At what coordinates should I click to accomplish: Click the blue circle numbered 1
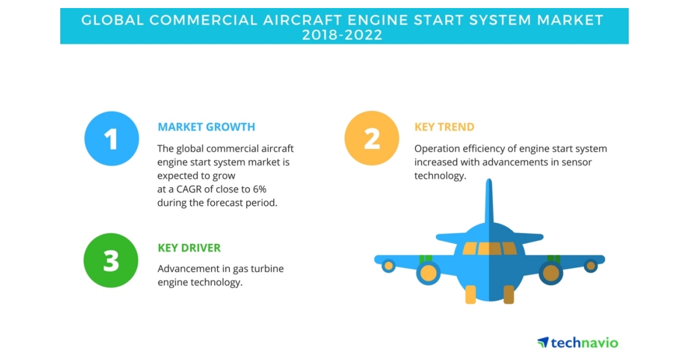[x=111, y=139]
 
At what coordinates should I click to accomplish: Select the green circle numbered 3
[x=111, y=261]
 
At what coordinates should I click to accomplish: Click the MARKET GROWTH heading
[x=206, y=127]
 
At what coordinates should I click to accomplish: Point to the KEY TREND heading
[x=444, y=127]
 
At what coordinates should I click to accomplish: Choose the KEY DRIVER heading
[x=189, y=248]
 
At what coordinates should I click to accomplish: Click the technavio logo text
[x=584, y=343]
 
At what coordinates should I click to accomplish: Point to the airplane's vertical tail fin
[x=489, y=201]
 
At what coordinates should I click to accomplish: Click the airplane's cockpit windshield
[x=489, y=248]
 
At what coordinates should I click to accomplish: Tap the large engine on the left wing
[x=428, y=273]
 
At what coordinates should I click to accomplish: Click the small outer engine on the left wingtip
[x=389, y=266]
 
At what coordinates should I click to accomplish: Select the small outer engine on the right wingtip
[x=590, y=266]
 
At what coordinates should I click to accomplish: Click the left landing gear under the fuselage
[x=470, y=294]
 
